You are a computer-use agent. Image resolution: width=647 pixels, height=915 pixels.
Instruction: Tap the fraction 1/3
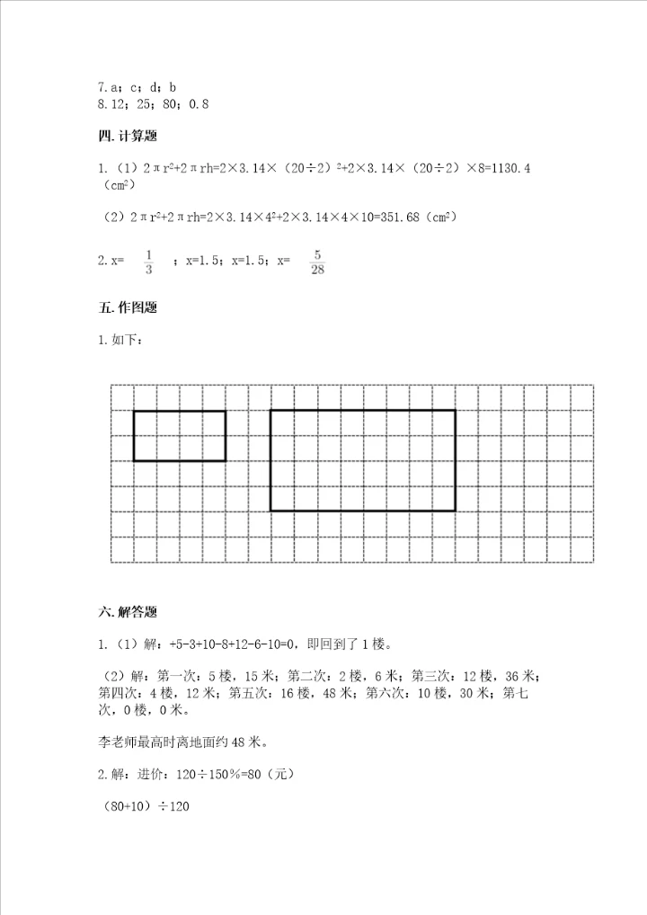pyautogui.click(x=149, y=261)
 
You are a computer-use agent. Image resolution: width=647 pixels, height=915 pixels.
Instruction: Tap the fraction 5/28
pyautogui.click(x=317, y=261)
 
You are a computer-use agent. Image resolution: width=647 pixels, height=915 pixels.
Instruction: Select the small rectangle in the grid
pyautogui.click(x=180, y=436)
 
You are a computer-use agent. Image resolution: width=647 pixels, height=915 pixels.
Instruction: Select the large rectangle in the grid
pyautogui.click(x=363, y=460)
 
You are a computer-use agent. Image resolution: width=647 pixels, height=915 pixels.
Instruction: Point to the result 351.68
pyautogui.click(x=364, y=217)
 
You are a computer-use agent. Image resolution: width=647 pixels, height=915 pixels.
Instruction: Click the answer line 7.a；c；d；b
pyautogui.click(x=137, y=87)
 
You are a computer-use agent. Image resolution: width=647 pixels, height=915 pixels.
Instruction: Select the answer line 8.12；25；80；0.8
pyautogui.click(x=152, y=104)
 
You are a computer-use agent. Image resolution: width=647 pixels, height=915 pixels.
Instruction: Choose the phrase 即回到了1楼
pyautogui.click(x=350, y=644)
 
